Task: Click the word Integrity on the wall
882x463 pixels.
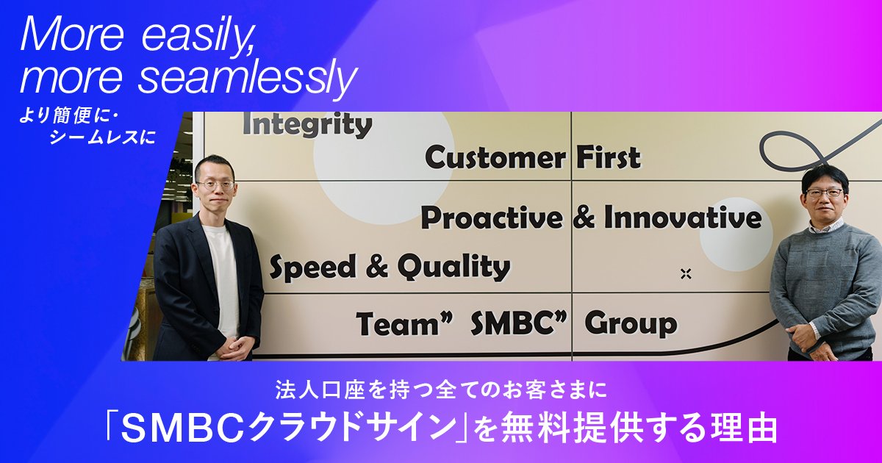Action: [x=306, y=126]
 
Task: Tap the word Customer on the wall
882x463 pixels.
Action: [x=495, y=157]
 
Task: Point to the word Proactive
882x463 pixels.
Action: [x=491, y=218]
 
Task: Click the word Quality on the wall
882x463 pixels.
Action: [x=453, y=268]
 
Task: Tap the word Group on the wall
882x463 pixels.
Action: [x=631, y=323]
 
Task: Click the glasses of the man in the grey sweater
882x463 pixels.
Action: [x=824, y=193]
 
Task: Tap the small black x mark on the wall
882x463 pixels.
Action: [x=686, y=274]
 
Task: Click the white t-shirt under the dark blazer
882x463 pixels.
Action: [x=221, y=279]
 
